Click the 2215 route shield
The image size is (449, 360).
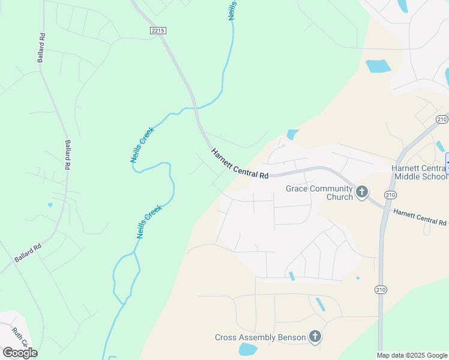158,30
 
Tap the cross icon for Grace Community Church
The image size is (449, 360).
362,192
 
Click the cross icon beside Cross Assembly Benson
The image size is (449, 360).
315,337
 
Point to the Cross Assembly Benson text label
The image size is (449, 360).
261,337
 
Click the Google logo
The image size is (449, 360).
19,353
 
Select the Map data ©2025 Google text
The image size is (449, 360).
412,355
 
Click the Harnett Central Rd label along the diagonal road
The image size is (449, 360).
239,163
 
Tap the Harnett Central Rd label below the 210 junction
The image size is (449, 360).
420,217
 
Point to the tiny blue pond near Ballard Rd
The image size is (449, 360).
50,205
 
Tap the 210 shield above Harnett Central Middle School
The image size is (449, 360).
442,119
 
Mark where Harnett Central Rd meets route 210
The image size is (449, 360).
384,208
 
